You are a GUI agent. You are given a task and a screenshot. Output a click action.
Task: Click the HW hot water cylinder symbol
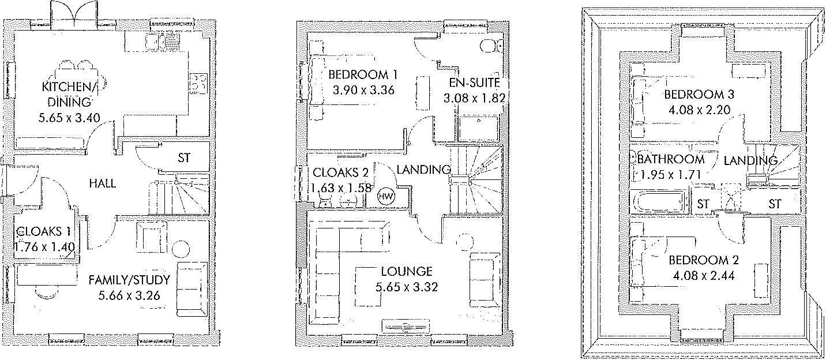tap(386, 196)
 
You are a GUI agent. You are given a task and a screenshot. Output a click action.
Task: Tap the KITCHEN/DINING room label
tap(70, 93)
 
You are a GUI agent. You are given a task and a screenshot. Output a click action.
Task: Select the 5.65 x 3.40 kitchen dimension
tap(69, 118)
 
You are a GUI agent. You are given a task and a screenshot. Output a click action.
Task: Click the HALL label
tap(103, 183)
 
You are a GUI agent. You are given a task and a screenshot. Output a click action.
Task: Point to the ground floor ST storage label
tap(184, 158)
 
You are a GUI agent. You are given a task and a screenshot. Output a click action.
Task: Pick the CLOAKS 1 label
tap(43, 231)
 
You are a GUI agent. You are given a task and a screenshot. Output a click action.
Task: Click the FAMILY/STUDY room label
tap(129, 280)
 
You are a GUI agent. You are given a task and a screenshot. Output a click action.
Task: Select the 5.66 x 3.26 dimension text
tap(129, 295)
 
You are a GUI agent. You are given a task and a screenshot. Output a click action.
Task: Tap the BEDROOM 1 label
tap(362, 75)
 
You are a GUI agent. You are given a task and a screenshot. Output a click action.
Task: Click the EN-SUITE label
tap(474, 82)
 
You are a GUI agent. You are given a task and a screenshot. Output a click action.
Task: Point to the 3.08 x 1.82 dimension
tap(474, 98)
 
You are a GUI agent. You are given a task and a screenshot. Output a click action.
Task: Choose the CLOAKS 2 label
tap(340, 172)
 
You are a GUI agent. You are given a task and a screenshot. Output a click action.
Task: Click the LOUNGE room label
tap(406, 272)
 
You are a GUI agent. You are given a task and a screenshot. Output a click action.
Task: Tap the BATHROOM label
tap(671, 160)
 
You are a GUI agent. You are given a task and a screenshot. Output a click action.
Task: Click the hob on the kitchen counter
tap(199, 82)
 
